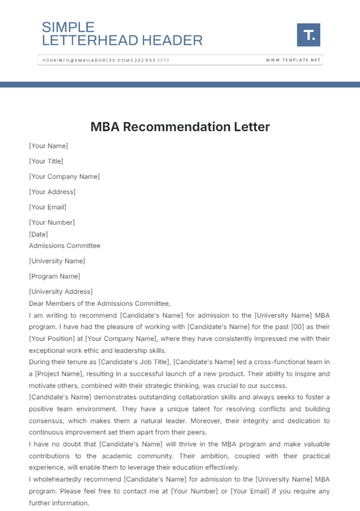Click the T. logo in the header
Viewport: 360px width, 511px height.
pos(309,35)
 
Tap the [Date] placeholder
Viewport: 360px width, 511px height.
pos(38,234)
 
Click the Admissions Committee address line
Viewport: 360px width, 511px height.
pos(64,245)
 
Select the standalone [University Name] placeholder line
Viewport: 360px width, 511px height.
pos(58,261)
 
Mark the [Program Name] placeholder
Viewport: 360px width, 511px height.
pos(55,276)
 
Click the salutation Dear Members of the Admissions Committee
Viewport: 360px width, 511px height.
pos(100,303)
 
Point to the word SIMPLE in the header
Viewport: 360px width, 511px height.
pos(69,27)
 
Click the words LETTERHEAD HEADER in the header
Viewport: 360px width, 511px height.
pos(122,41)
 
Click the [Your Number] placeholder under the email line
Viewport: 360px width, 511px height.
pos(51,222)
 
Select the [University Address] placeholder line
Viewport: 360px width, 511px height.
pos(60,291)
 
